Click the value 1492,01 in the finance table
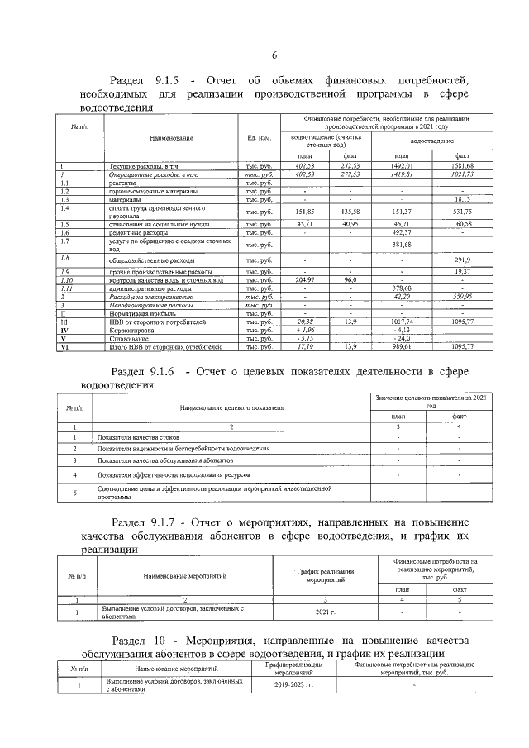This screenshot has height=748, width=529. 401,167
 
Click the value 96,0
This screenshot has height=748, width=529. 350,280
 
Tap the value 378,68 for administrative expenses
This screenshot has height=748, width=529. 401,288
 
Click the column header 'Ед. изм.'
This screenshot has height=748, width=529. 260,137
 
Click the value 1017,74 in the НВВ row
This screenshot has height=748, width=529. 401,321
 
